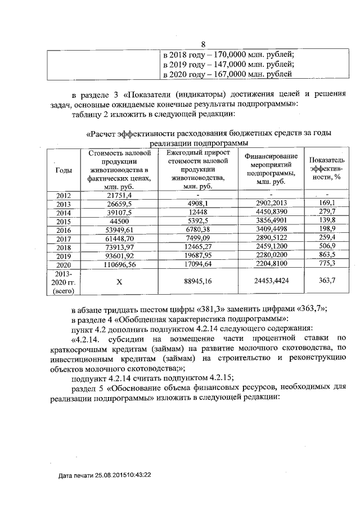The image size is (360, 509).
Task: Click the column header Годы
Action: click(x=63, y=170)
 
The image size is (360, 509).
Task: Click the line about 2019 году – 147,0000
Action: click(x=228, y=64)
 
